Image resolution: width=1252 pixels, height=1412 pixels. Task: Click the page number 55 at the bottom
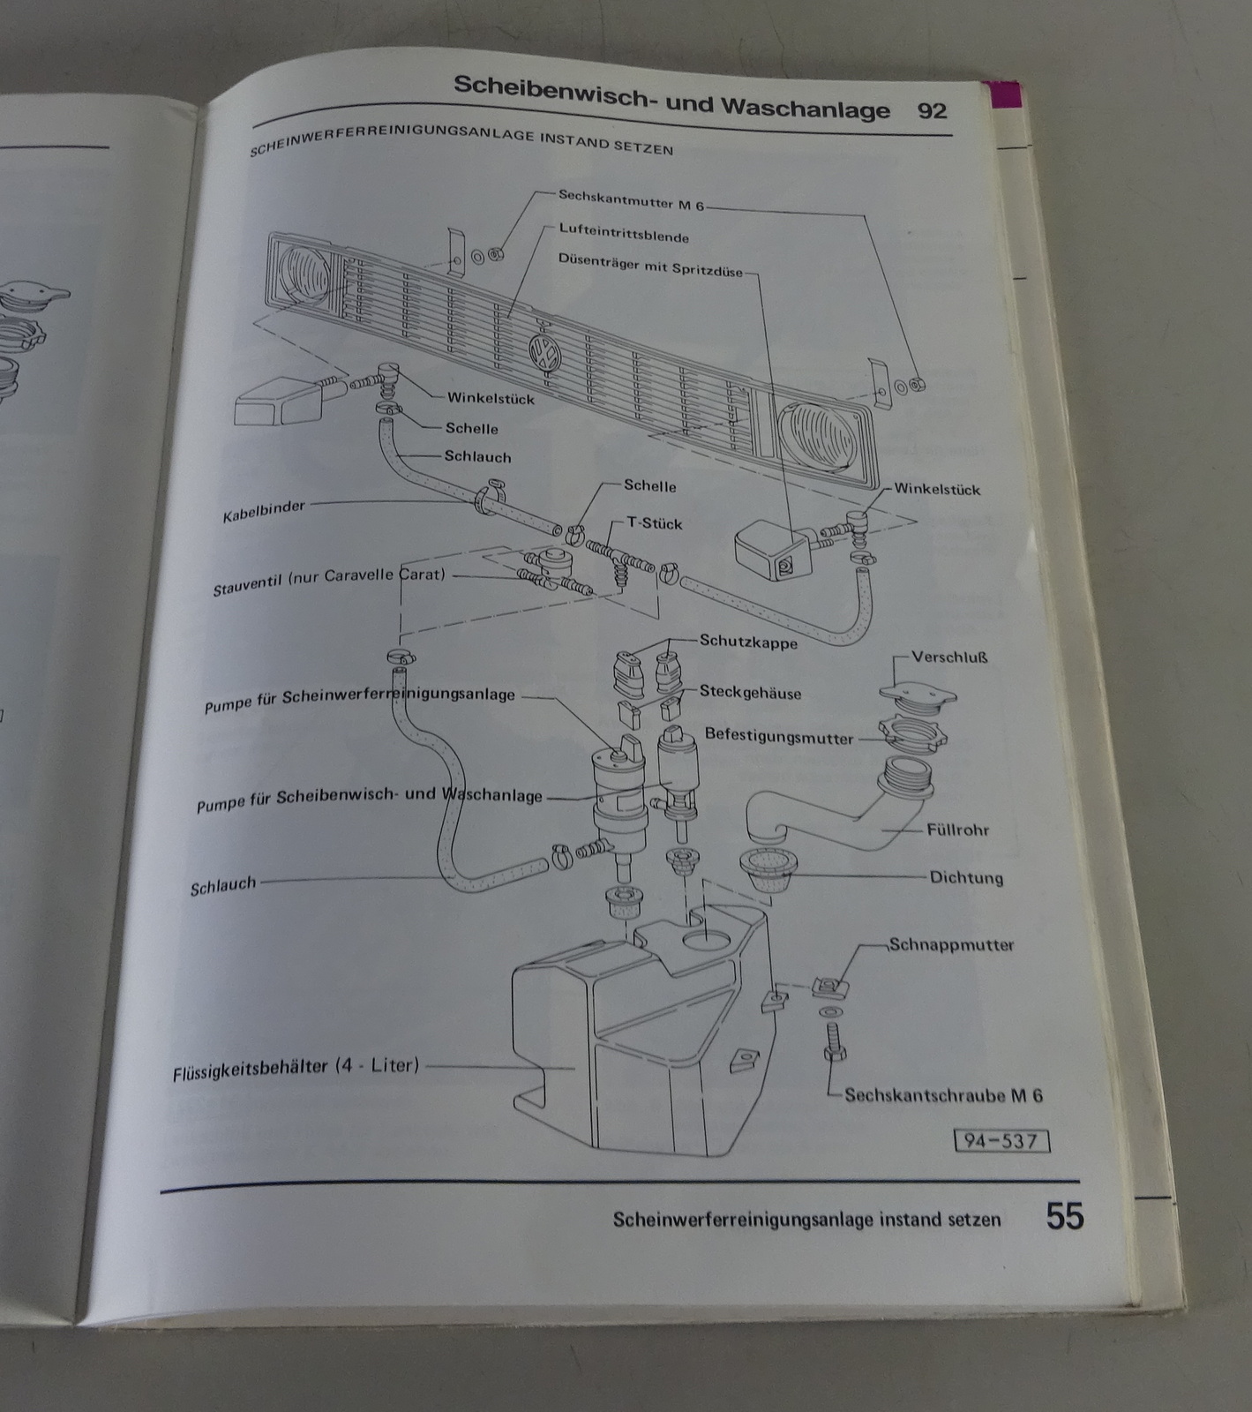(1064, 1216)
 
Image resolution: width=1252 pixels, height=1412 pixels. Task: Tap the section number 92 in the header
(932, 111)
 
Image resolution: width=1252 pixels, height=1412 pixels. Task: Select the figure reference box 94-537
(1001, 1141)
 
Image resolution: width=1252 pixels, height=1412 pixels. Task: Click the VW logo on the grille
(539, 354)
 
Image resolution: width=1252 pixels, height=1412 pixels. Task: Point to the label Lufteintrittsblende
(623, 232)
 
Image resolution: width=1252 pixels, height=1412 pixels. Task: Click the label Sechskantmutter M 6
(631, 200)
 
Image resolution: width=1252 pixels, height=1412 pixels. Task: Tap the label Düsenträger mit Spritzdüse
(650, 265)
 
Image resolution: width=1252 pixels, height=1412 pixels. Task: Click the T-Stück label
(654, 523)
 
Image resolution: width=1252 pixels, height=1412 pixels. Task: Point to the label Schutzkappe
(748, 642)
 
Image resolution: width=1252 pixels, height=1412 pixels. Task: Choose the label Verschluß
(949, 657)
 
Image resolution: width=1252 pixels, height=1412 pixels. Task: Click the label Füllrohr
(957, 830)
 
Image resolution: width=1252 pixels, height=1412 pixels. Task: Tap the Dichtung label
(966, 877)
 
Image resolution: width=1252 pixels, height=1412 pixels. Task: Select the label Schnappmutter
(951, 944)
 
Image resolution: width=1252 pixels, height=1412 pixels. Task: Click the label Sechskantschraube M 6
(943, 1095)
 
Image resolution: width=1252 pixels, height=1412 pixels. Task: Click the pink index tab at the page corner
(1006, 94)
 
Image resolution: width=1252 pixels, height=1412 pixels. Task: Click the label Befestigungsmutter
(779, 736)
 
